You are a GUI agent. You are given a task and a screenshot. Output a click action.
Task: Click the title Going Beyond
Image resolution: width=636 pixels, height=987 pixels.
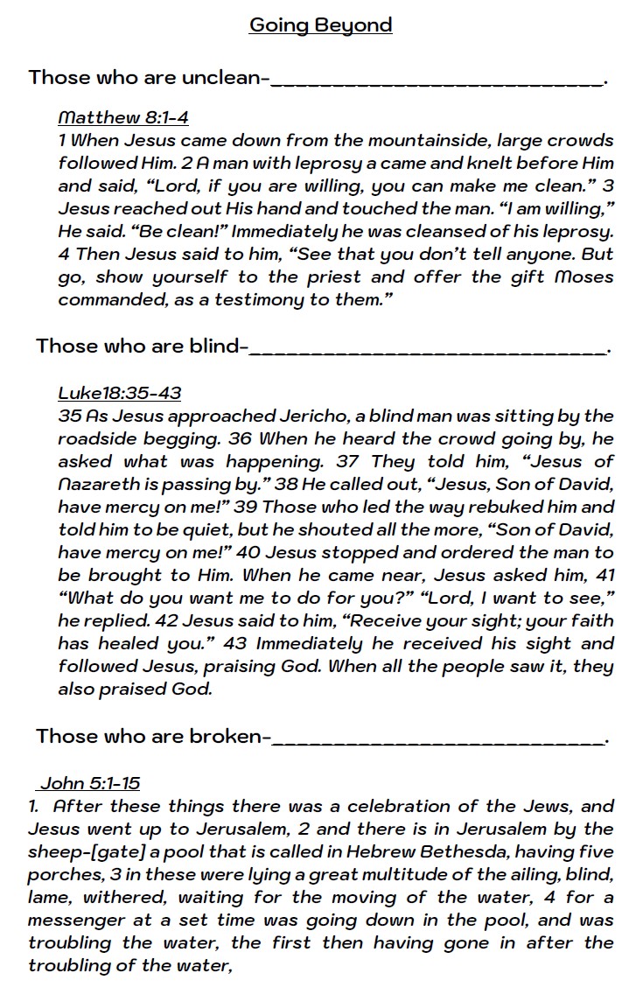320,24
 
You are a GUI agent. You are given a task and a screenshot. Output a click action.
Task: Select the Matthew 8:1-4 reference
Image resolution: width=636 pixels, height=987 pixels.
122,117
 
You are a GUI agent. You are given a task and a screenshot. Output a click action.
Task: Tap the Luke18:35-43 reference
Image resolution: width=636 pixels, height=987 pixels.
119,393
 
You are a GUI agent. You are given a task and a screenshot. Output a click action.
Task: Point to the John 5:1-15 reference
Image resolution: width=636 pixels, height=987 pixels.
89,783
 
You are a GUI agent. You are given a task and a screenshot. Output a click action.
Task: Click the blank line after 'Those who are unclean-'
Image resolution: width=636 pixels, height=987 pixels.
437,80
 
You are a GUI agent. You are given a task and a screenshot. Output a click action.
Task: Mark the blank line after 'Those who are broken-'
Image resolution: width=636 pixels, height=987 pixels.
437,739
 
